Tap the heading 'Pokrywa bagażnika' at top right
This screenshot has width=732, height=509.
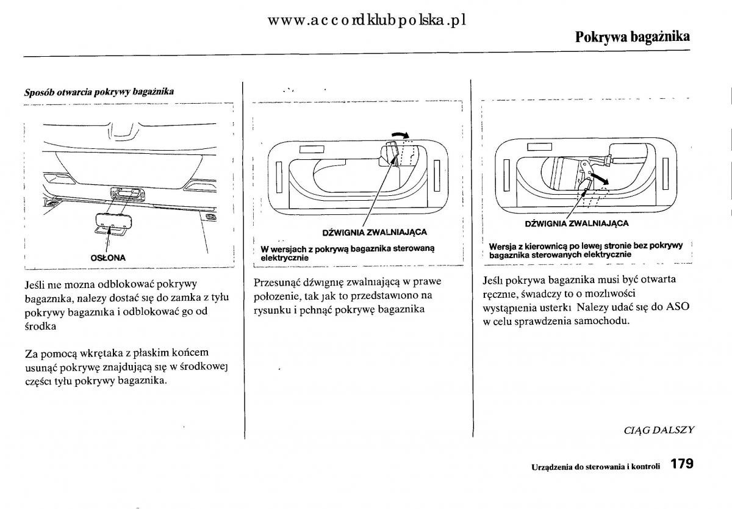coord(633,37)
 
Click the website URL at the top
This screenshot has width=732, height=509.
coord(367,20)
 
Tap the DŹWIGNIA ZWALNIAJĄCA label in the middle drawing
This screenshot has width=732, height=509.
coord(375,232)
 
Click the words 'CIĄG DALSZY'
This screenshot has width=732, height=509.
coord(659,430)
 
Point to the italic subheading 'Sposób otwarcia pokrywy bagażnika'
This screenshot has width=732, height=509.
coord(99,92)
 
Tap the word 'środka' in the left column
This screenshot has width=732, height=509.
coord(40,327)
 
